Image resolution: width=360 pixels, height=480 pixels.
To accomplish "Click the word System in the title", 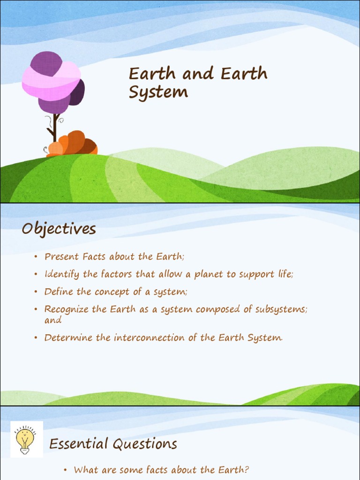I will [158, 92].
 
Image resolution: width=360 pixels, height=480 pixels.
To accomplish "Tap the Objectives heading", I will [59, 229].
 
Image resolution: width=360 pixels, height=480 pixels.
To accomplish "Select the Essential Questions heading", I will [113, 444].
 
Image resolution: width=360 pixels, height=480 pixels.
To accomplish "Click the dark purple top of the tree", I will [46, 63].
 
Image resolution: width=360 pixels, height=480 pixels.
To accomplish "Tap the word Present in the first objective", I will [61, 257].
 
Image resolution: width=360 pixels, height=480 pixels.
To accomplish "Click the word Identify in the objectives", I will [61, 274].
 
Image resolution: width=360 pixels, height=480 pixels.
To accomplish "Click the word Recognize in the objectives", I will [65, 309].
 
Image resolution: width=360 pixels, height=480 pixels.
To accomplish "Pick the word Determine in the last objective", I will [66, 337].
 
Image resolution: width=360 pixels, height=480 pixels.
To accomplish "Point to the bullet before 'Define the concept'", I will [36, 292].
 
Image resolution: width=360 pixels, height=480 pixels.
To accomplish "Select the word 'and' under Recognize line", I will [53, 320].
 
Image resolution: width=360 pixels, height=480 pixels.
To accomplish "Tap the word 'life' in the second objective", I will [284, 274].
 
